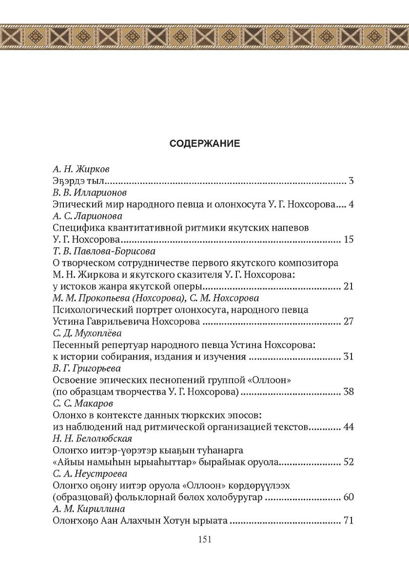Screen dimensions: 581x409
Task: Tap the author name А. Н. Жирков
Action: click(x=81, y=169)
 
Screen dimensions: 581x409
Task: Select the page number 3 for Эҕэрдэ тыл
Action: click(x=351, y=181)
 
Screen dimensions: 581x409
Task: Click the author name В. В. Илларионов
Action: click(x=89, y=193)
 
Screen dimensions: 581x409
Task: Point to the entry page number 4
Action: click(x=351, y=205)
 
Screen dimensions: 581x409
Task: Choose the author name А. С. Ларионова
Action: click(x=87, y=216)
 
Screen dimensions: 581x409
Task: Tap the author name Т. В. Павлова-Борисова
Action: click(x=104, y=251)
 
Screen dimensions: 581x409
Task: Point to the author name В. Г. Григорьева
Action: click(x=86, y=368)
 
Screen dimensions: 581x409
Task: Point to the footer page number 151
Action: click(x=204, y=539)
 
